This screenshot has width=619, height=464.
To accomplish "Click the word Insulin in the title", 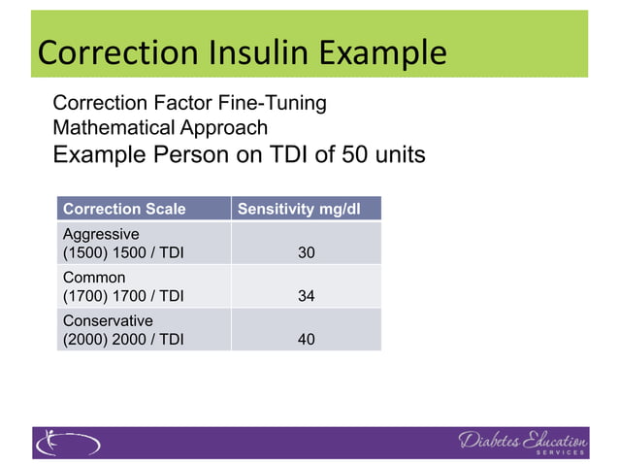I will pyautogui.click(x=256, y=52).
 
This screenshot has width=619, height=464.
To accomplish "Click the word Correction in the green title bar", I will pyautogui.click(x=109, y=52).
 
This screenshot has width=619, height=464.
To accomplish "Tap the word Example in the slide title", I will pyautogui.click(x=382, y=52).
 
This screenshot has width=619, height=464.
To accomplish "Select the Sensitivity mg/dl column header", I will pyautogui.click(x=306, y=209).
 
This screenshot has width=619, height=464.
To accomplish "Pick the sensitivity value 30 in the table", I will pyautogui.click(x=306, y=252).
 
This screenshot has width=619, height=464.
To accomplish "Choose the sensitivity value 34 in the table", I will pyautogui.click(x=306, y=295).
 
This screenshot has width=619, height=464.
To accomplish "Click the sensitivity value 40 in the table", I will pyautogui.click(x=306, y=339).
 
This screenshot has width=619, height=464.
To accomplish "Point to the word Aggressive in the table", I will pyautogui.click(x=101, y=234).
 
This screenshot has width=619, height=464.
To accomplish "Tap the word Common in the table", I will pyautogui.click(x=94, y=278).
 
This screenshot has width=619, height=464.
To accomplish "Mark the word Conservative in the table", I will pyautogui.click(x=108, y=320).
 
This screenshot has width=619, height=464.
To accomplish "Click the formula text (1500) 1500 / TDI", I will pyautogui.click(x=122, y=252).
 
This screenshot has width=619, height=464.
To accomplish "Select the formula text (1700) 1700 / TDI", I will pyautogui.click(x=122, y=295).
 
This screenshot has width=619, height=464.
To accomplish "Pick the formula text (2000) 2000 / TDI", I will pyautogui.click(x=122, y=339).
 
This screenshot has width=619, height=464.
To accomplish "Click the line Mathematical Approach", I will pyautogui.click(x=160, y=127).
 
